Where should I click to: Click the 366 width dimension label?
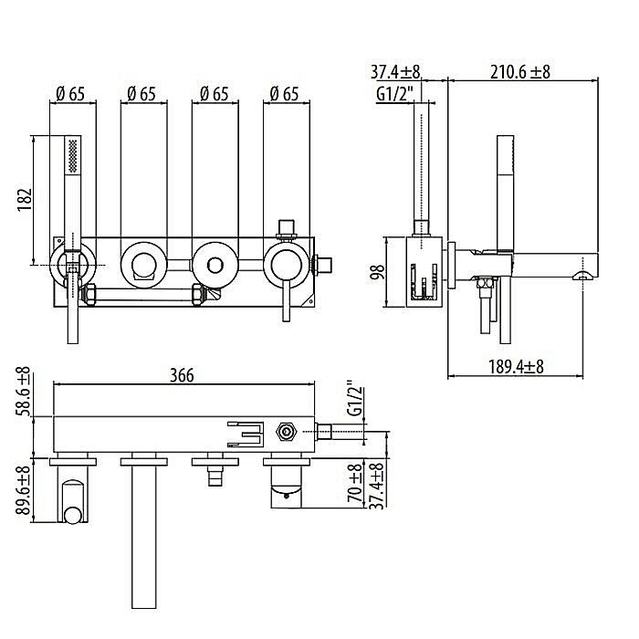(182, 375)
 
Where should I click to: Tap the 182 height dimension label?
(25, 200)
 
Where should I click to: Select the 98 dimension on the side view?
(378, 272)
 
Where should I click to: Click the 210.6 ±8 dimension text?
(520, 72)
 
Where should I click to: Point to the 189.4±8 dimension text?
(516, 367)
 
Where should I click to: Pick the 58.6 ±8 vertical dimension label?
(24, 392)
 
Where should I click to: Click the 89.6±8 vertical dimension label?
(24, 491)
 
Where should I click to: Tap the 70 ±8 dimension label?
(355, 484)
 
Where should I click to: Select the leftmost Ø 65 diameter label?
(70, 94)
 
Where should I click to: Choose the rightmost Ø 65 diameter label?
(285, 94)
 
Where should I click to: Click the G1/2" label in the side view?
(394, 95)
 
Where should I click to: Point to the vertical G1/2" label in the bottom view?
(355, 399)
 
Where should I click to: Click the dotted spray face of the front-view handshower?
(72, 155)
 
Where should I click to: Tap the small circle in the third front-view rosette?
(215, 266)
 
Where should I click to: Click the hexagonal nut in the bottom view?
(286, 431)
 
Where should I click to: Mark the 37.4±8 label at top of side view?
(395, 72)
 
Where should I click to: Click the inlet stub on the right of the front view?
(322, 266)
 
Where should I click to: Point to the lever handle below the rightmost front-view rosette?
(287, 300)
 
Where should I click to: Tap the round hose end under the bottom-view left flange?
(73, 516)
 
